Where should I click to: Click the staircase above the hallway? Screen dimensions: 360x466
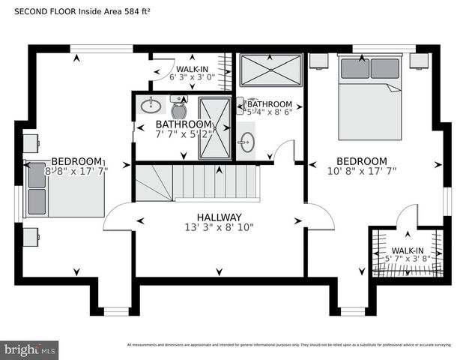point(196,183)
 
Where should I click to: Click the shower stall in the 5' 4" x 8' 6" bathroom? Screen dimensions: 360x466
point(270,71)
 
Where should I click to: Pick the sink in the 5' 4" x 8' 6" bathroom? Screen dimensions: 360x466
point(247,140)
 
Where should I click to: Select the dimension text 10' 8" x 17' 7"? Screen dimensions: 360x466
point(361,171)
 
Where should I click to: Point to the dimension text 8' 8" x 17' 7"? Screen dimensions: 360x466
point(76,171)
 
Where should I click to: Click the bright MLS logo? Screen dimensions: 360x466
point(30,349)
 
